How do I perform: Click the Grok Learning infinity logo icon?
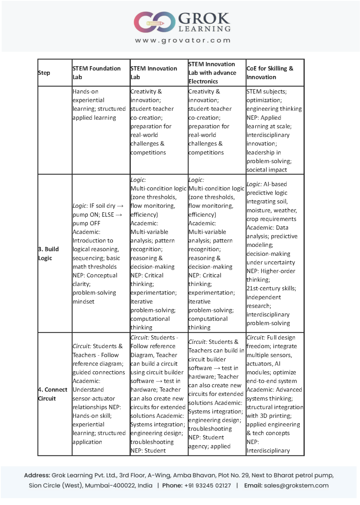click(154, 22)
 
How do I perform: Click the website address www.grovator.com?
click(183, 41)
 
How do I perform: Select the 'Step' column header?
click(44, 73)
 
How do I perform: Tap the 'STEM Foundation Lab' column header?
click(96, 73)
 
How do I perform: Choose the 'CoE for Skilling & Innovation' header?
click(270, 73)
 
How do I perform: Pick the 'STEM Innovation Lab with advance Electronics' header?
click(212, 73)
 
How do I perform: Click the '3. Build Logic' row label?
click(48, 253)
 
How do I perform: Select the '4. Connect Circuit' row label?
click(52, 394)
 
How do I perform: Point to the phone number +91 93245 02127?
click(207, 486)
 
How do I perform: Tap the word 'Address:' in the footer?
click(37, 475)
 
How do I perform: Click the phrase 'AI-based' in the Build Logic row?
click(275, 184)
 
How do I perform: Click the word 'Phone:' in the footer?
click(172, 486)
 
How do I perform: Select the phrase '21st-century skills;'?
click(271, 288)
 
